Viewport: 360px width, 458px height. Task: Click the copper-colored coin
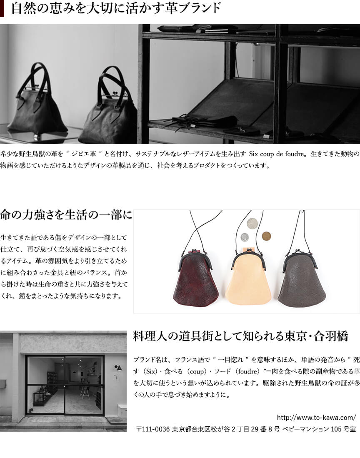tap(266, 236)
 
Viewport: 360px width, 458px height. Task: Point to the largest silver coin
tap(252, 224)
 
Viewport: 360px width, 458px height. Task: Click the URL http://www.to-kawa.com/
tap(316, 417)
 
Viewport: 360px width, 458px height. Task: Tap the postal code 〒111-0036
tap(153, 429)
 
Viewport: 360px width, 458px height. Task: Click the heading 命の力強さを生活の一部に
tap(66, 215)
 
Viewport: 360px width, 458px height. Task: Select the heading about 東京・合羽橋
tap(240, 336)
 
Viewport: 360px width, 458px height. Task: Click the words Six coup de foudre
tap(277, 154)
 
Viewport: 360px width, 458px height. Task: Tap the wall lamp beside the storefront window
tap(118, 368)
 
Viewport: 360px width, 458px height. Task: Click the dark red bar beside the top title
tap(2, 8)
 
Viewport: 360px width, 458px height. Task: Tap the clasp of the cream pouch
tap(249, 251)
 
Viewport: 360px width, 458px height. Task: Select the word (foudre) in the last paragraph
tap(247, 371)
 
